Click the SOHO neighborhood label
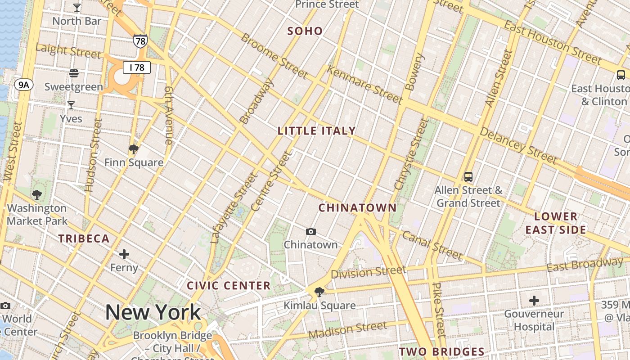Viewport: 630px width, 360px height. pos(305,31)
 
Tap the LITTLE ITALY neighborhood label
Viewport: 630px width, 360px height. pos(316,131)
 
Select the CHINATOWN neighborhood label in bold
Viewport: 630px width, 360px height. pos(357,208)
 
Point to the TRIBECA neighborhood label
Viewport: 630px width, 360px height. pos(84,239)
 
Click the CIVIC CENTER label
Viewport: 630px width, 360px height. pos(229,286)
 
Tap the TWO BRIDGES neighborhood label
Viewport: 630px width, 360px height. pos(441,352)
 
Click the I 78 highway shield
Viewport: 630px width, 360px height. pos(136,67)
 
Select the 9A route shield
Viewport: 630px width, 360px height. pos(23,84)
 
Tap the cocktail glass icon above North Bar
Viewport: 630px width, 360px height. pos(77,8)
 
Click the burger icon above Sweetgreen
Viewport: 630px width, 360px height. pos(74,73)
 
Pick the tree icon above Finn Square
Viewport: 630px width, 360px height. pos(133,149)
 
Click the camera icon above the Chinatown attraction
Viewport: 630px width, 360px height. pos(310,232)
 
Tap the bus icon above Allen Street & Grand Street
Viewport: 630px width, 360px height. pos(468,177)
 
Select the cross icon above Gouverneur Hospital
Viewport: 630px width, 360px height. pos(534,300)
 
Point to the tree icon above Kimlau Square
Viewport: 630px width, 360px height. pos(319,292)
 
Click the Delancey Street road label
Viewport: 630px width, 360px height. pos(518,145)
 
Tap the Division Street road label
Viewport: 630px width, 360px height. pos(368,272)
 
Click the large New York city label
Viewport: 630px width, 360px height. pos(153,312)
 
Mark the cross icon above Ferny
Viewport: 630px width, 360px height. pos(124,254)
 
